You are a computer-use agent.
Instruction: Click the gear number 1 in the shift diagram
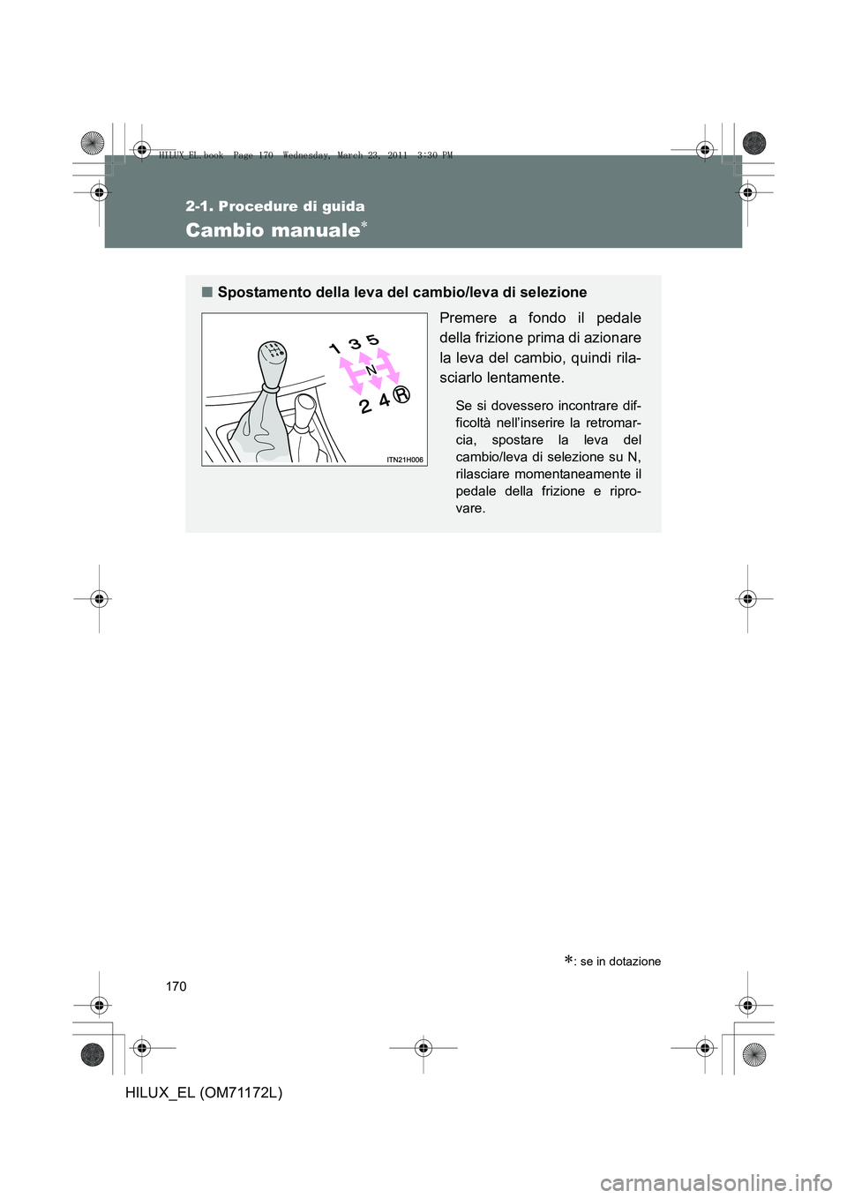pos(335,349)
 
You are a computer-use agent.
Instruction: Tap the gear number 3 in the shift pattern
pos(354,343)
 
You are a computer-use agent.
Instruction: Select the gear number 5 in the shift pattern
pos(372,340)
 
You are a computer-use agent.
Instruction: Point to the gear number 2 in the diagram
pos(365,406)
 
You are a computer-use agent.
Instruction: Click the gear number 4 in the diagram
pos(385,401)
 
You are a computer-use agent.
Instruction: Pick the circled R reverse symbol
pos(402,394)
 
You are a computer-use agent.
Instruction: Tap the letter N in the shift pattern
pos(371,369)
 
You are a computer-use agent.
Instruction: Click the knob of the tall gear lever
pos(273,360)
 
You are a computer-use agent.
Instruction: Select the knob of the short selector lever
pos(304,409)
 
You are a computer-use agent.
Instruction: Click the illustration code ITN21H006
pos(405,460)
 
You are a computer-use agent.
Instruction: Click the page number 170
pos(176,986)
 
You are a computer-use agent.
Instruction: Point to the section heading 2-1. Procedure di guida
pos(274,206)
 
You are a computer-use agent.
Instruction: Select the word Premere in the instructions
pos(468,318)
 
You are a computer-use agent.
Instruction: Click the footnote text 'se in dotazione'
pos(620,962)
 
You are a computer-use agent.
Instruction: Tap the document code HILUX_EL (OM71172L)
pos(204,1093)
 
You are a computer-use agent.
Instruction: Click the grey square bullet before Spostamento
pos(206,292)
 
